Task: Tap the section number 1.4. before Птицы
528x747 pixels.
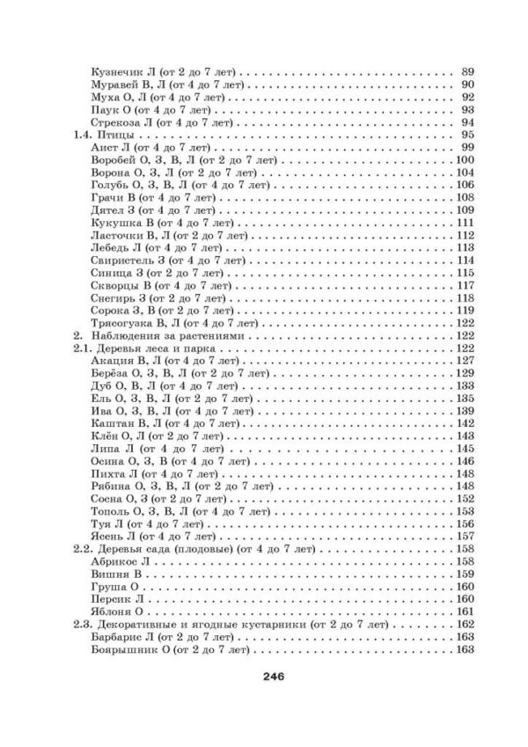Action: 83,135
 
